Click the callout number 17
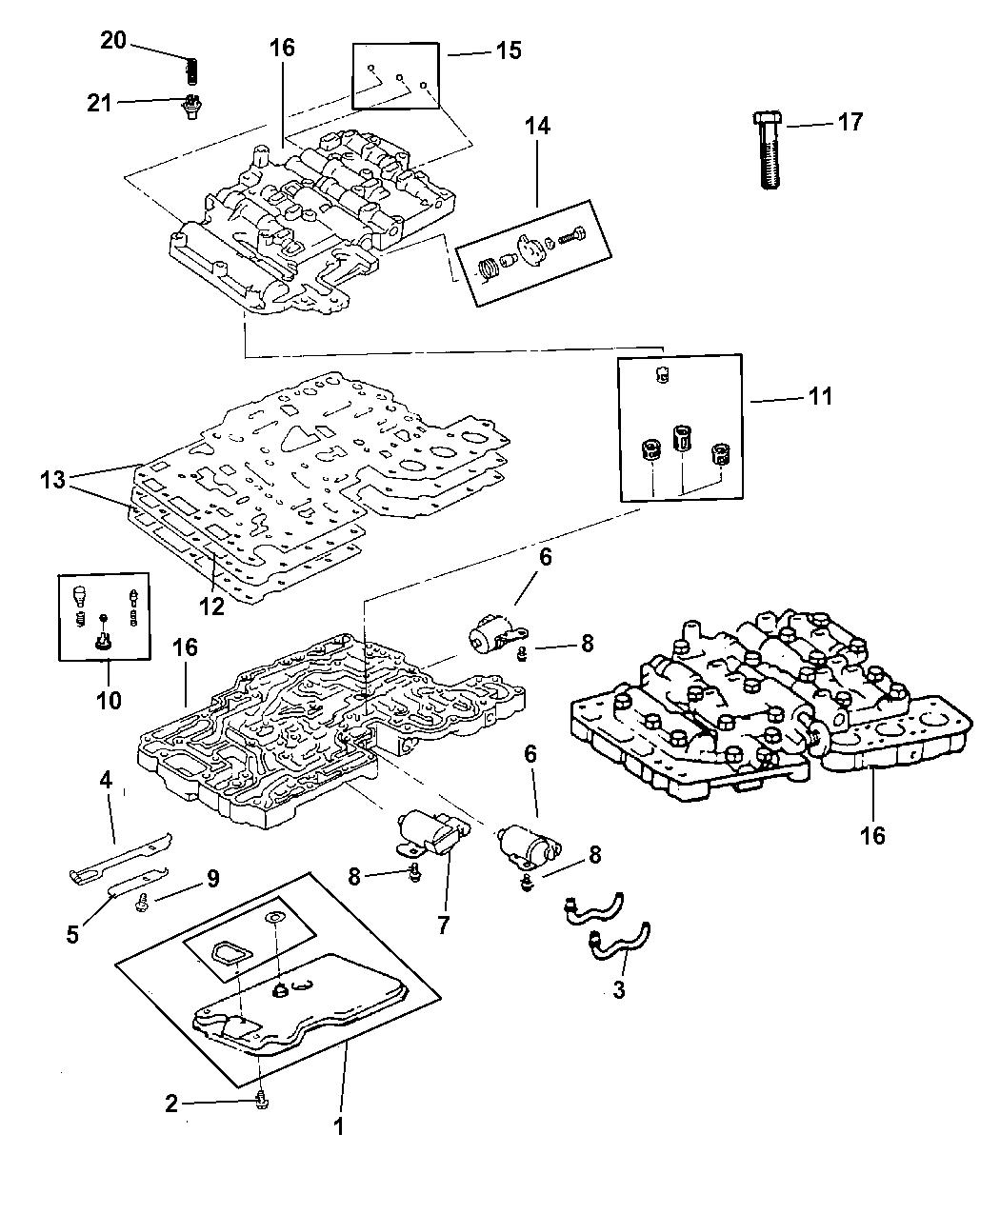pos(850,122)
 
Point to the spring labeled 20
pos(190,71)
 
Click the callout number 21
pos(100,102)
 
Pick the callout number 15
pos(510,50)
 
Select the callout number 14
pos(538,126)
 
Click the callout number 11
pos(820,396)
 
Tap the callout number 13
pos(53,481)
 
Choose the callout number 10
pos(109,701)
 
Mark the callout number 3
pos(618,989)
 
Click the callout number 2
pos(171,1104)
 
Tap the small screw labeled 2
pos(263,1102)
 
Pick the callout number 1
pos(338,1126)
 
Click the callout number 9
pos(211,876)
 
